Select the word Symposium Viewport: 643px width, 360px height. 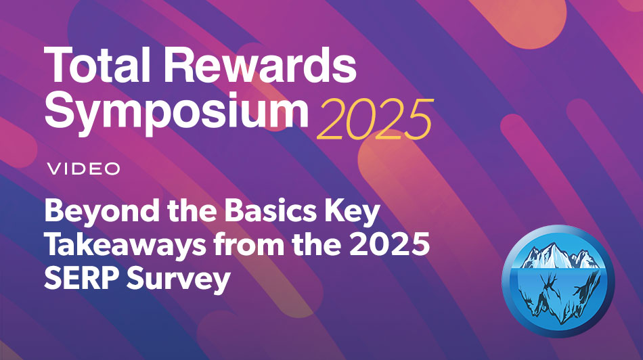(x=175, y=111)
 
